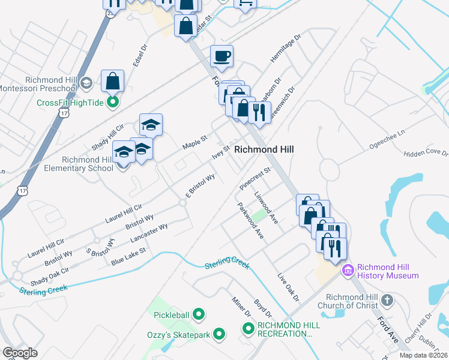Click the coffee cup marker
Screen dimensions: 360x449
click(x=221, y=56)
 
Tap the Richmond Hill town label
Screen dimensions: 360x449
click(x=264, y=149)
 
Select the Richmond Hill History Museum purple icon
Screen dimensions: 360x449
click(x=348, y=271)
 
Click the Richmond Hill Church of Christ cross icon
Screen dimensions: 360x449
click(x=387, y=299)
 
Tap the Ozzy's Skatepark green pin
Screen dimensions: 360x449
click(x=219, y=334)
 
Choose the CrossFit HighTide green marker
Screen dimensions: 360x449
click(x=112, y=103)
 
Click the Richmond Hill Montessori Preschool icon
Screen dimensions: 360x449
click(x=86, y=83)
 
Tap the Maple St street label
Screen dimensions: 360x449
click(x=194, y=143)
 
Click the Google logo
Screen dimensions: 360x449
click(x=20, y=353)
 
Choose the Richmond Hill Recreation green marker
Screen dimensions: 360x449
click(x=248, y=328)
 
